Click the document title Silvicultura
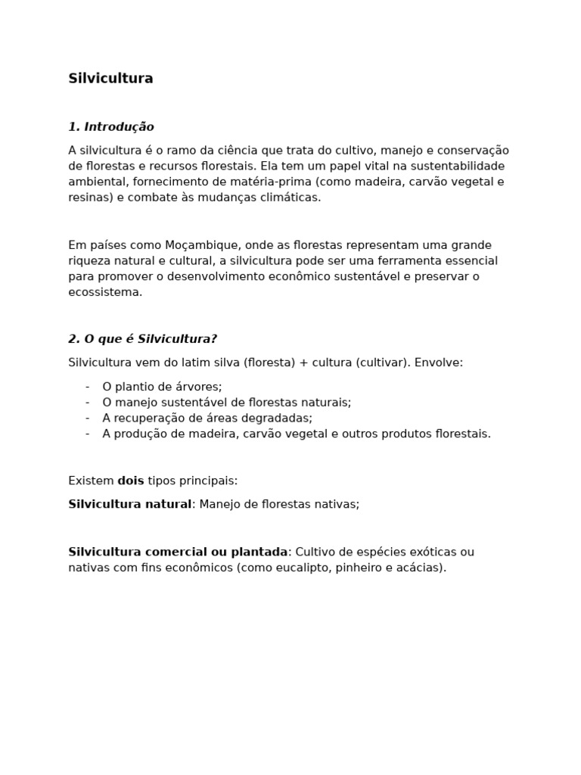[110, 79]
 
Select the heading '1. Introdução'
[110, 126]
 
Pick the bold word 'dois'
[131, 481]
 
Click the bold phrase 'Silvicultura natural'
[129, 504]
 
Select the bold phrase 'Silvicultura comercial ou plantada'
[178, 552]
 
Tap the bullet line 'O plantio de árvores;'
[162, 387]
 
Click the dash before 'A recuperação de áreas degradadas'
[88, 418]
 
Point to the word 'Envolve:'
[438, 363]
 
